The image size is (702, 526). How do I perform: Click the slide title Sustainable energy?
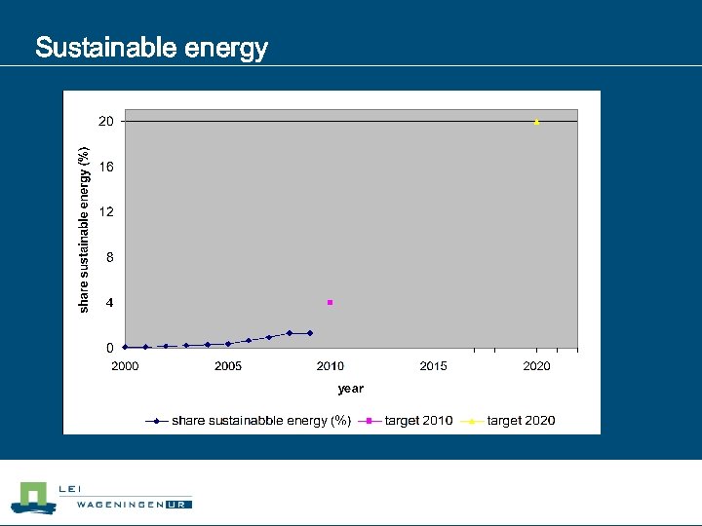point(151,48)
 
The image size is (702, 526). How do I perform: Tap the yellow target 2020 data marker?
point(536,122)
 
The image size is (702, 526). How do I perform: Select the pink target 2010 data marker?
point(331,302)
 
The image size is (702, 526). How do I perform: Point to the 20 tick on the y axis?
point(105,122)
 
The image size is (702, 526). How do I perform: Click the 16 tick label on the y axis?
point(105,167)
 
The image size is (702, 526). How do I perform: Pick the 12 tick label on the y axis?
point(105,211)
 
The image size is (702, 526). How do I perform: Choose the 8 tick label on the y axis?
point(109,257)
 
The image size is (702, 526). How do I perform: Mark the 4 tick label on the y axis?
point(109,303)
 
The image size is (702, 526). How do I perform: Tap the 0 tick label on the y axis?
point(109,348)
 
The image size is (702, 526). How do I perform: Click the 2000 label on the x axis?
point(125,366)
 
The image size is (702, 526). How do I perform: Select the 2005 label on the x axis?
point(228,366)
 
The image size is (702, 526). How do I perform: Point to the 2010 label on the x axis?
point(331,366)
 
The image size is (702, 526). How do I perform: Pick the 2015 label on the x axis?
point(434,366)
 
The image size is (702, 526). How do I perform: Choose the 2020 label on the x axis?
point(536,366)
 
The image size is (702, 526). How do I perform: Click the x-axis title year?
point(351,389)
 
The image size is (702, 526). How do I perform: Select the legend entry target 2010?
point(418,421)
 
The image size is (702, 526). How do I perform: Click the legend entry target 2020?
point(521,421)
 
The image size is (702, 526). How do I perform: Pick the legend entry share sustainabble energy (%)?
point(260,421)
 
